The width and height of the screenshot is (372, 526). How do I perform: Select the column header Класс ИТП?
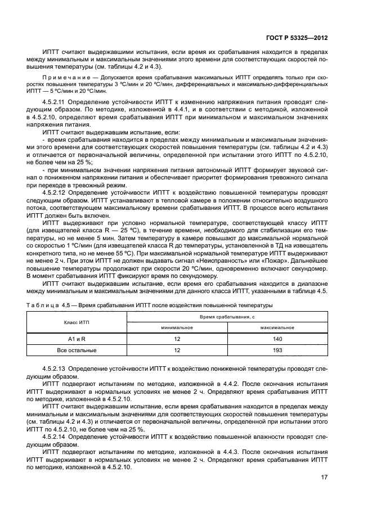[75, 322]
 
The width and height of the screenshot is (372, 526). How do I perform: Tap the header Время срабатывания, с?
[226, 317]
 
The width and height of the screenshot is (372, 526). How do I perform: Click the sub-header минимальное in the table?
[177, 327]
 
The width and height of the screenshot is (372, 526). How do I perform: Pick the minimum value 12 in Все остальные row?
[177, 350]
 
